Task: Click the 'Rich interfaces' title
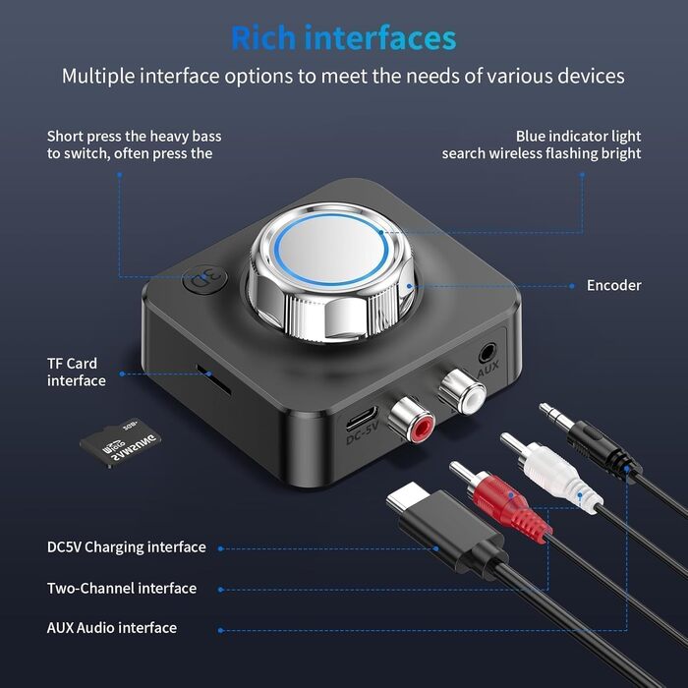343,37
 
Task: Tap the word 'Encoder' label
613,285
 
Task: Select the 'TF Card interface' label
76,372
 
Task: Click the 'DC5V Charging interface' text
127,546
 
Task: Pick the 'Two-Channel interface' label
122,588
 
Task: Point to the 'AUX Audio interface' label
112,627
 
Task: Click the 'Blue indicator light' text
578,136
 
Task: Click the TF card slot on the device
206,373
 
